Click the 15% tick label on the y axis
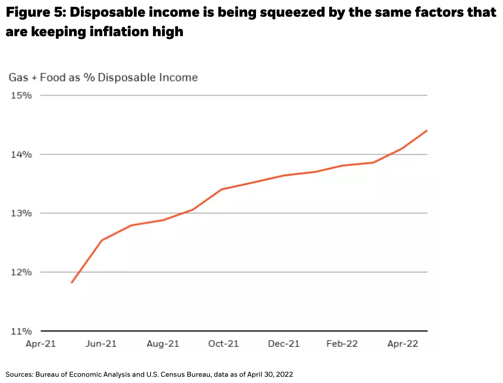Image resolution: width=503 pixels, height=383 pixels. click(22, 95)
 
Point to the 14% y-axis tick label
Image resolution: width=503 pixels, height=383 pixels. click(22, 154)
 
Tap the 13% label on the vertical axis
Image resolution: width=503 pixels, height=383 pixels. click(22, 213)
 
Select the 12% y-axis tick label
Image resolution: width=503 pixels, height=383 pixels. click(22, 272)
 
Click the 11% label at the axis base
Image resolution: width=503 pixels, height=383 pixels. click(22, 331)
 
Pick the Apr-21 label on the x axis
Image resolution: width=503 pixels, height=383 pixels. click(41, 344)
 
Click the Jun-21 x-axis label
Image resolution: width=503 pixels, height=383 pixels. click(101, 344)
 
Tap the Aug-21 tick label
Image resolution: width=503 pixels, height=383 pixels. click(163, 344)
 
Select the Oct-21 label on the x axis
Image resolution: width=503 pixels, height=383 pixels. click(223, 344)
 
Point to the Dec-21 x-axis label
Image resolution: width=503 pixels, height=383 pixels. click(284, 344)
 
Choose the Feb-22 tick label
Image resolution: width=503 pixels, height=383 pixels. click(342, 344)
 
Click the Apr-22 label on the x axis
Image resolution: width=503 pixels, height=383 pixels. click(403, 344)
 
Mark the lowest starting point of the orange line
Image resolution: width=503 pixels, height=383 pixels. click(71, 283)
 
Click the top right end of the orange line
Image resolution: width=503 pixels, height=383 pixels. click(427, 130)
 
